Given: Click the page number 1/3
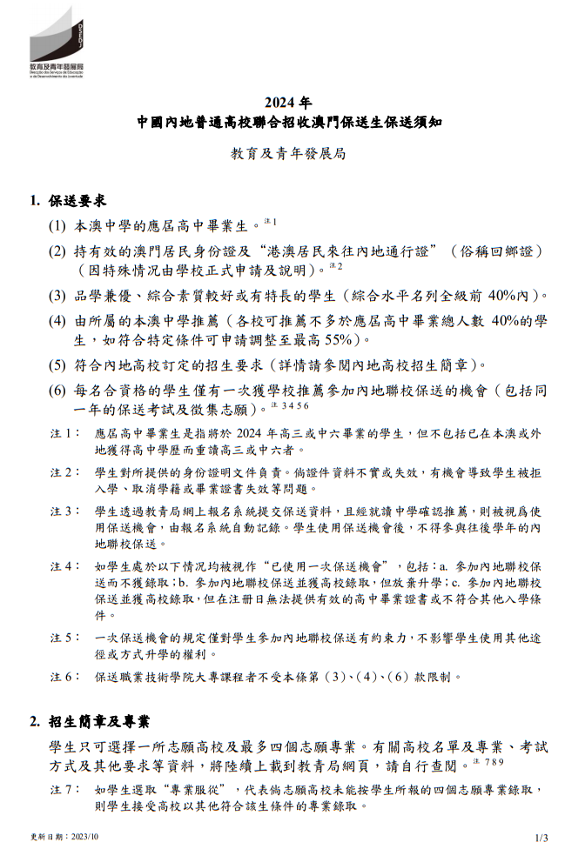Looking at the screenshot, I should pos(541,838).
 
